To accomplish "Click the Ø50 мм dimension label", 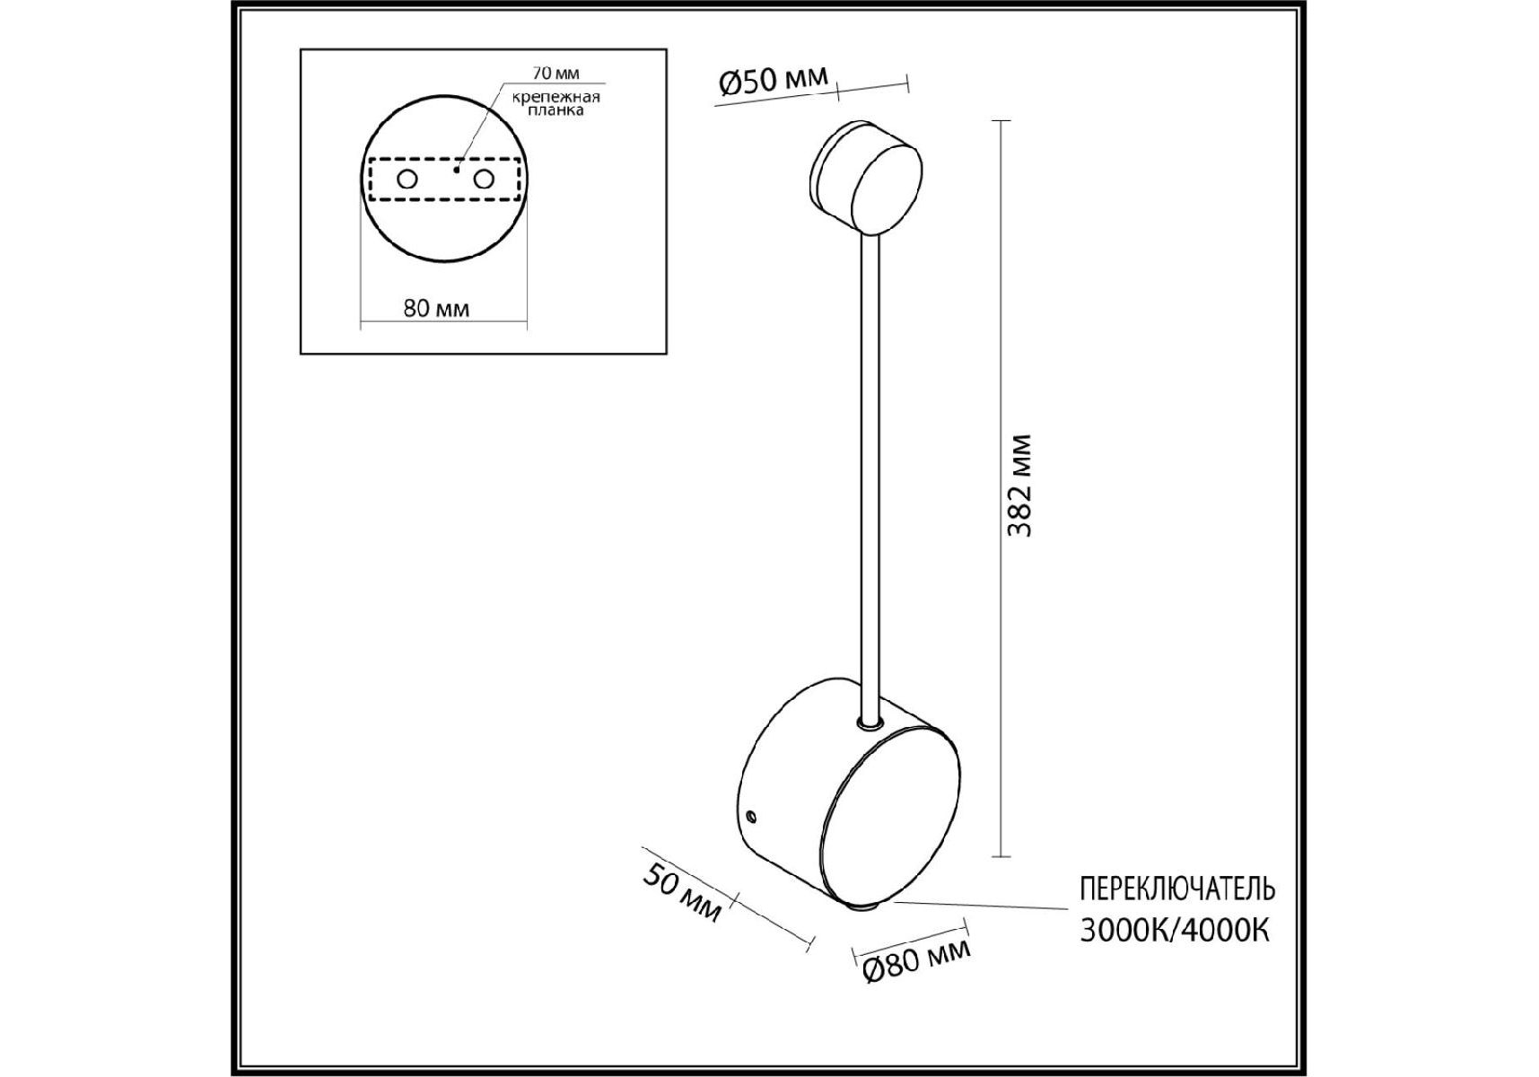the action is tap(774, 82).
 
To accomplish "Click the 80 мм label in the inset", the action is tap(436, 309).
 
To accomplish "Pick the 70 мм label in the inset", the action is tap(555, 73).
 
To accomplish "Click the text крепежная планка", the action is tap(556, 103).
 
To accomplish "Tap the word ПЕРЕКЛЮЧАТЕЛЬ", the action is tap(1176, 889).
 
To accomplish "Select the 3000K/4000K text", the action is tap(1175, 931).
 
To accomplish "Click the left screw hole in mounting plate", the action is tap(407, 179).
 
